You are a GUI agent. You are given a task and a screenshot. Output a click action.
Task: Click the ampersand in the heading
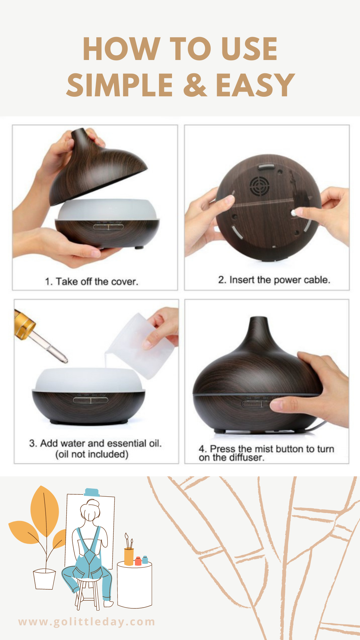(x=195, y=85)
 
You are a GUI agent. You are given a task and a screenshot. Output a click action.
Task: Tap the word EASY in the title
(x=255, y=85)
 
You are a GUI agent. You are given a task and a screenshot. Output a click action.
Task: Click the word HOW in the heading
(x=122, y=49)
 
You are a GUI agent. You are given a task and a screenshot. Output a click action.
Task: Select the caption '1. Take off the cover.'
(x=91, y=282)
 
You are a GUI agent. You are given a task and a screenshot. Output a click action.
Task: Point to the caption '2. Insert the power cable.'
(x=274, y=280)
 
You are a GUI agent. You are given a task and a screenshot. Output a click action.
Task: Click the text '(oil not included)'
(x=92, y=454)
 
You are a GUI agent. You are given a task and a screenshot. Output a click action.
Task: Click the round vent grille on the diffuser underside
(x=259, y=186)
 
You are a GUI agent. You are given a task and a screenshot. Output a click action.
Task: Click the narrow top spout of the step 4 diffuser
(x=259, y=328)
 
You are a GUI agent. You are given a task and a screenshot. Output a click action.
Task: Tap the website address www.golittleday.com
(x=87, y=622)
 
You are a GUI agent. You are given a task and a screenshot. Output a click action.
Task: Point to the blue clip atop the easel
(x=92, y=492)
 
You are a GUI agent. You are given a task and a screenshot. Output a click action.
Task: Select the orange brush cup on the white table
(x=129, y=557)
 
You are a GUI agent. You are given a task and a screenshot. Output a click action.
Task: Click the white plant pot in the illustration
(x=44, y=579)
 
